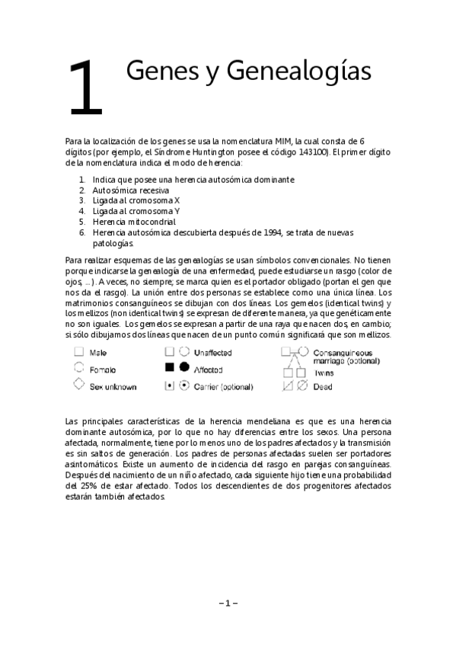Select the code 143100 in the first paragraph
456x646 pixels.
(x=313, y=152)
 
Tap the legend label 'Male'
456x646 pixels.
(x=98, y=353)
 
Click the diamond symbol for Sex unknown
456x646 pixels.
(x=78, y=385)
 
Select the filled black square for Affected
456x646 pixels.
(x=170, y=369)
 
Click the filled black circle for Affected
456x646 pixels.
(x=183, y=369)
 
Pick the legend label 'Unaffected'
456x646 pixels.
(x=212, y=353)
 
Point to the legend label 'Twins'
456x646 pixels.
(x=324, y=373)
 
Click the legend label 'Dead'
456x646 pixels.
(x=323, y=386)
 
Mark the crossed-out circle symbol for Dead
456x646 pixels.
(x=302, y=386)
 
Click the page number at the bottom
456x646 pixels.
(x=228, y=603)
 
